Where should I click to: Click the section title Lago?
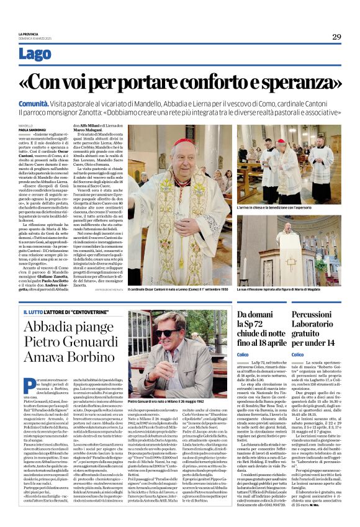point(35,54)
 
